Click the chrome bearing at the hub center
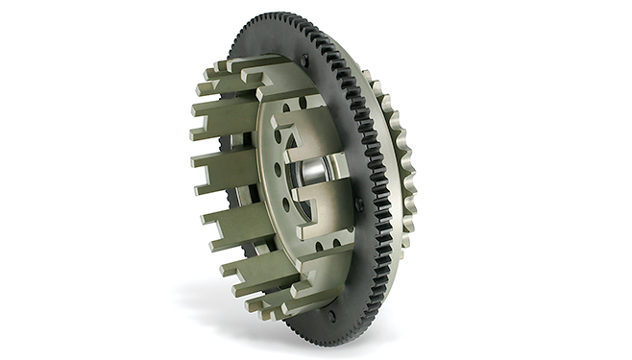point(316,174)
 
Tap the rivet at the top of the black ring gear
point(304,60)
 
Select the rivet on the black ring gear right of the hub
point(358,204)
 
